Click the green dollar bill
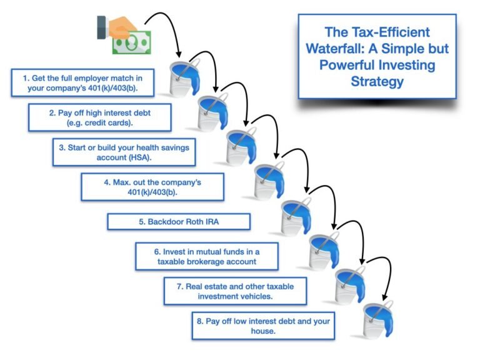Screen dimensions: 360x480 coord(132,42)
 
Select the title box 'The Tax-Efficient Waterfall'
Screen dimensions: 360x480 coord(377,56)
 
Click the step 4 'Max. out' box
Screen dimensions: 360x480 coord(152,186)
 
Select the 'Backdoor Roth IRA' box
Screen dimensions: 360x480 coord(179,221)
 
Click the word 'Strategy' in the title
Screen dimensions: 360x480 coord(377,81)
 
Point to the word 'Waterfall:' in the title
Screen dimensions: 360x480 coord(345,48)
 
